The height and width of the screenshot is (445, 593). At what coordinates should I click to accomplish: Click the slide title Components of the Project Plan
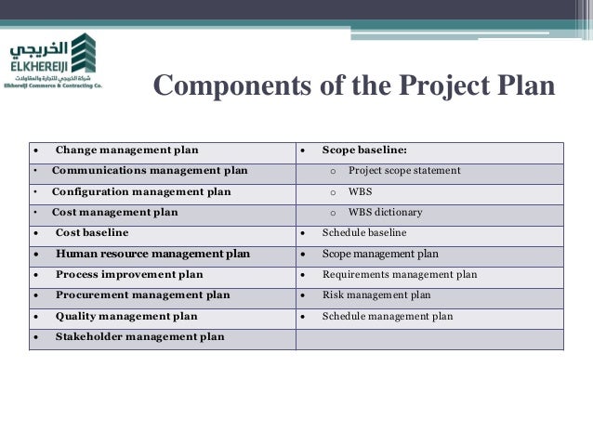point(353,86)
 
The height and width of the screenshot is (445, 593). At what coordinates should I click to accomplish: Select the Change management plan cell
point(126,150)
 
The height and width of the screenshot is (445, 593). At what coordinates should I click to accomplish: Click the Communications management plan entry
point(150,171)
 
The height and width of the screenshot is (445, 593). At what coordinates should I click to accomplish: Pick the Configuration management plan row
point(141,191)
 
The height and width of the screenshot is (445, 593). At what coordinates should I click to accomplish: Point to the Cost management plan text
point(114,212)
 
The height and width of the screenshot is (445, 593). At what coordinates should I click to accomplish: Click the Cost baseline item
point(92,232)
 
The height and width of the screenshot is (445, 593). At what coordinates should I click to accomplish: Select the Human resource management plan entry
point(152,253)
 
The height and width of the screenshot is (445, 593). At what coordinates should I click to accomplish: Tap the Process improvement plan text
point(129,275)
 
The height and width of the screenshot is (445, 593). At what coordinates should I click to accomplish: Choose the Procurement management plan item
point(142,295)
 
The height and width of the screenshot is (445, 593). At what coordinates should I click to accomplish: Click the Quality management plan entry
point(126,316)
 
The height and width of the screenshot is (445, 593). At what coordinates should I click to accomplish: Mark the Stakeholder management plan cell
point(139,337)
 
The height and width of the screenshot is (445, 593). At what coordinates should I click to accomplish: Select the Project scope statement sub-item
point(404,171)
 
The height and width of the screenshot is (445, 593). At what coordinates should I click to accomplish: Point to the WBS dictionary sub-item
point(385,212)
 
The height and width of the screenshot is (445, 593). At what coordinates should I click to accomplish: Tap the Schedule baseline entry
point(364,232)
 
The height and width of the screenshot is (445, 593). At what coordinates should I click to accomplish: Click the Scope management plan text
point(380,253)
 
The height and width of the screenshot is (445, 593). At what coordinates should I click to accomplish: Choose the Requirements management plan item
point(400,275)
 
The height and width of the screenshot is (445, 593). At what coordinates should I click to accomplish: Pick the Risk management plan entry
point(376,295)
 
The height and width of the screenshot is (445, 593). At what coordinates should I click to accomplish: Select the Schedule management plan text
point(388,316)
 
